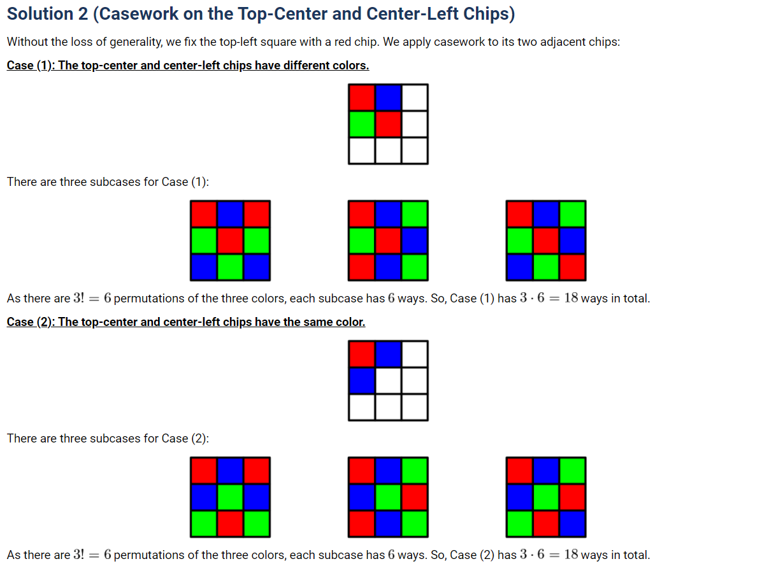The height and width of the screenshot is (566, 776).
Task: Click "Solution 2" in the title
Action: coord(47,14)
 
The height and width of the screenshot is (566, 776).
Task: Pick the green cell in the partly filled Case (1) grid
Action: coord(362,124)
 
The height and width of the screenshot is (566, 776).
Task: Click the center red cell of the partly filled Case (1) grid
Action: coord(389,124)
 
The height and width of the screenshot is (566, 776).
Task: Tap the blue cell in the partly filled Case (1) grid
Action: coord(389,97)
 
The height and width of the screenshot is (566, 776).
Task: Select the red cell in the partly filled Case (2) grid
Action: coord(362,354)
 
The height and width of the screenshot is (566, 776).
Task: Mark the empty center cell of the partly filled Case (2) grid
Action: coord(389,381)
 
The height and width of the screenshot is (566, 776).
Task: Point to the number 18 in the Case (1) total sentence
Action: coord(571,298)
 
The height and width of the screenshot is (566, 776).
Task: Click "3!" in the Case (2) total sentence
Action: coord(78,555)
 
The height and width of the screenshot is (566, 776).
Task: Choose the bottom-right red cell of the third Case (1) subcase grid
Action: coord(573,267)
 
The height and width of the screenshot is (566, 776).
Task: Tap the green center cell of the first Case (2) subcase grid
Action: coord(231,497)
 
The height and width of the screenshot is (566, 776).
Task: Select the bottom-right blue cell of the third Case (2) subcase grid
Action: coord(573,523)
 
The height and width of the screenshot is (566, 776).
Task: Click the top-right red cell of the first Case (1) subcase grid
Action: coord(257,215)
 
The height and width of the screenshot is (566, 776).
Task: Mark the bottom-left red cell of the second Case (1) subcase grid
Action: coord(362,267)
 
